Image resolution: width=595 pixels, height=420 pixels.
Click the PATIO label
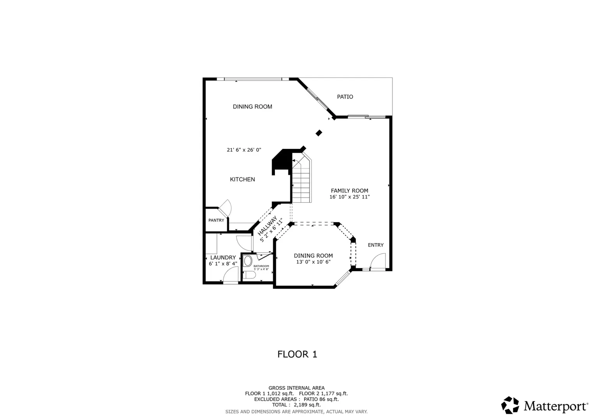[345, 97]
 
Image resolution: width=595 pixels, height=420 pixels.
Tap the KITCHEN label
[242, 179]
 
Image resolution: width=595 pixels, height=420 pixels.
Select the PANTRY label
[216, 220]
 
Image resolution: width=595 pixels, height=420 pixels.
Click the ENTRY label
[376, 245]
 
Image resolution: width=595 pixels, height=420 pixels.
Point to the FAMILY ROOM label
[350, 191]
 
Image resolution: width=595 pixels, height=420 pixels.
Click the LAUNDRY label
[223, 257]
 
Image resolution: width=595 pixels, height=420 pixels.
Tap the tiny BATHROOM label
[261, 266]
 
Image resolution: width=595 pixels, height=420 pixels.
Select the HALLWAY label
[267, 226]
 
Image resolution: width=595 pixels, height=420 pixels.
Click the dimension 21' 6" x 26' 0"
[244, 150]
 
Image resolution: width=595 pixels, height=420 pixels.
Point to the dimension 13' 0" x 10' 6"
[313, 262]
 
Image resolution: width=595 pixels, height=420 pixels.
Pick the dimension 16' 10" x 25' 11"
[350, 197]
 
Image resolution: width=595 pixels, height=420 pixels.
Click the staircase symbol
[302, 178]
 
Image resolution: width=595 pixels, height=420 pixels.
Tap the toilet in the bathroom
[249, 275]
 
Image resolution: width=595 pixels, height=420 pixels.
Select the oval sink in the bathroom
[248, 261]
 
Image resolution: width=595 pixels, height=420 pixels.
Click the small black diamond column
[319, 133]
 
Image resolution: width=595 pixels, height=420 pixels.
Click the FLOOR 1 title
[297, 354]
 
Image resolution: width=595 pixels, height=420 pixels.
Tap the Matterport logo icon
[510, 405]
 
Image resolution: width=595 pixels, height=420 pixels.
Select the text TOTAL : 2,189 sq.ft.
[296, 404]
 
